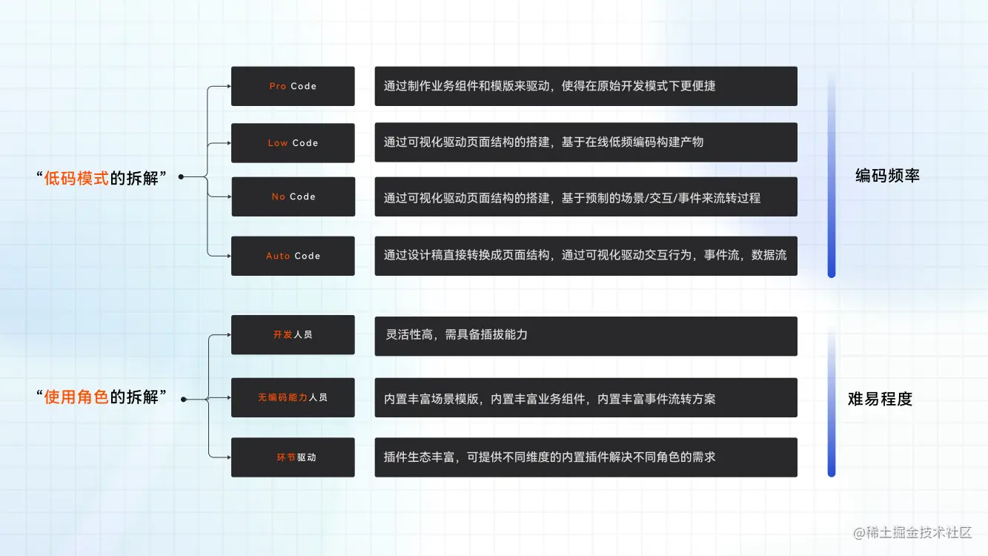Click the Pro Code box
[293, 86]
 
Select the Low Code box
[293, 143]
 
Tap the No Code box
[293, 196]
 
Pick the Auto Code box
[293, 256]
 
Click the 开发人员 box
[293, 335]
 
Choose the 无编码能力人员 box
[293, 397]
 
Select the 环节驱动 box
[293, 457]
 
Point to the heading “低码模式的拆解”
[101, 177]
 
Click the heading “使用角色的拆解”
[101, 397]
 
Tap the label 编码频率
[887, 176]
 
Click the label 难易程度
[880, 399]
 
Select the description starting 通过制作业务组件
[586, 86]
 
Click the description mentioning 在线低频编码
[586, 142]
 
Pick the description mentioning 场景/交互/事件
[586, 197]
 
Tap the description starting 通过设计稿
[586, 256]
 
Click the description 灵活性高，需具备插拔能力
[586, 335]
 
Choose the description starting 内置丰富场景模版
[586, 398]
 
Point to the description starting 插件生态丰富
[586, 457]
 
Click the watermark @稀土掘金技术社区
[912, 532]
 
